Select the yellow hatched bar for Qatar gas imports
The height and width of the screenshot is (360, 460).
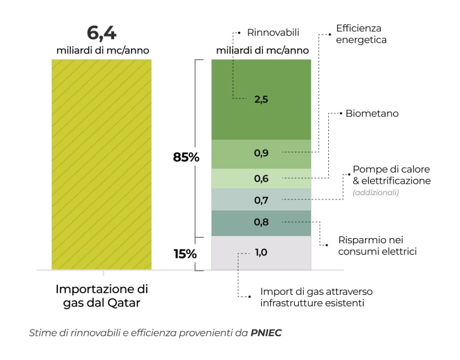click(x=102, y=164)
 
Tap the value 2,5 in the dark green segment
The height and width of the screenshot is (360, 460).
click(x=261, y=100)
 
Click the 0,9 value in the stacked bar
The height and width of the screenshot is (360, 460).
click(x=261, y=153)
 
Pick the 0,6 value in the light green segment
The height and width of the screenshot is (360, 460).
click(x=261, y=178)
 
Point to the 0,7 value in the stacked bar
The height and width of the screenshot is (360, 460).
click(x=261, y=200)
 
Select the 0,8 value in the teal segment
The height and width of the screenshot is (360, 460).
click(x=261, y=222)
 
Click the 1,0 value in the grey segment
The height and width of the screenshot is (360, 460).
click(x=261, y=253)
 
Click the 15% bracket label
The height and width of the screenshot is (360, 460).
click(x=185, y=254)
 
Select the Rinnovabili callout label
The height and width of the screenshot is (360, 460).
click(x=273, y=32)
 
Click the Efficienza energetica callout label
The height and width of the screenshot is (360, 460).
click(x=361, y=34)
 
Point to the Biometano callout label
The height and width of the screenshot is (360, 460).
click(x=372, y=114)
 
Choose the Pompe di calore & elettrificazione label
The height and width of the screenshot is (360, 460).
click(x=391, y=175)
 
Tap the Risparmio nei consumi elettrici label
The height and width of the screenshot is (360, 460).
click(x=377, y=246)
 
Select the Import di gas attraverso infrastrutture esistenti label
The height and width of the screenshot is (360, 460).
click(x=316, y=297)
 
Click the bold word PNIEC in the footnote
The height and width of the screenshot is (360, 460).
click(x=266, y=333)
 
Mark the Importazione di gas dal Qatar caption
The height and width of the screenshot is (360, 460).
click(x=102, y=296)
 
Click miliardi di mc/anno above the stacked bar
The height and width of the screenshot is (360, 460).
click(x=262, y=50)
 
